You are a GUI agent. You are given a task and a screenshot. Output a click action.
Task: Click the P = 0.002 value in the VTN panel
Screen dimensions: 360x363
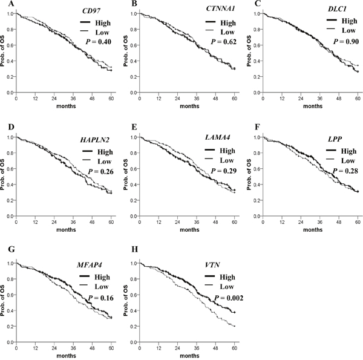[219, 299]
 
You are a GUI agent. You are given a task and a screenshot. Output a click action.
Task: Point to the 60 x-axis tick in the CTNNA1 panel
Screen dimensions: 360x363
[234, 98]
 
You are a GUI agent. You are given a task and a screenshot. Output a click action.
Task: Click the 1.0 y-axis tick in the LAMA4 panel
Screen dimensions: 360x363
[132, 137]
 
